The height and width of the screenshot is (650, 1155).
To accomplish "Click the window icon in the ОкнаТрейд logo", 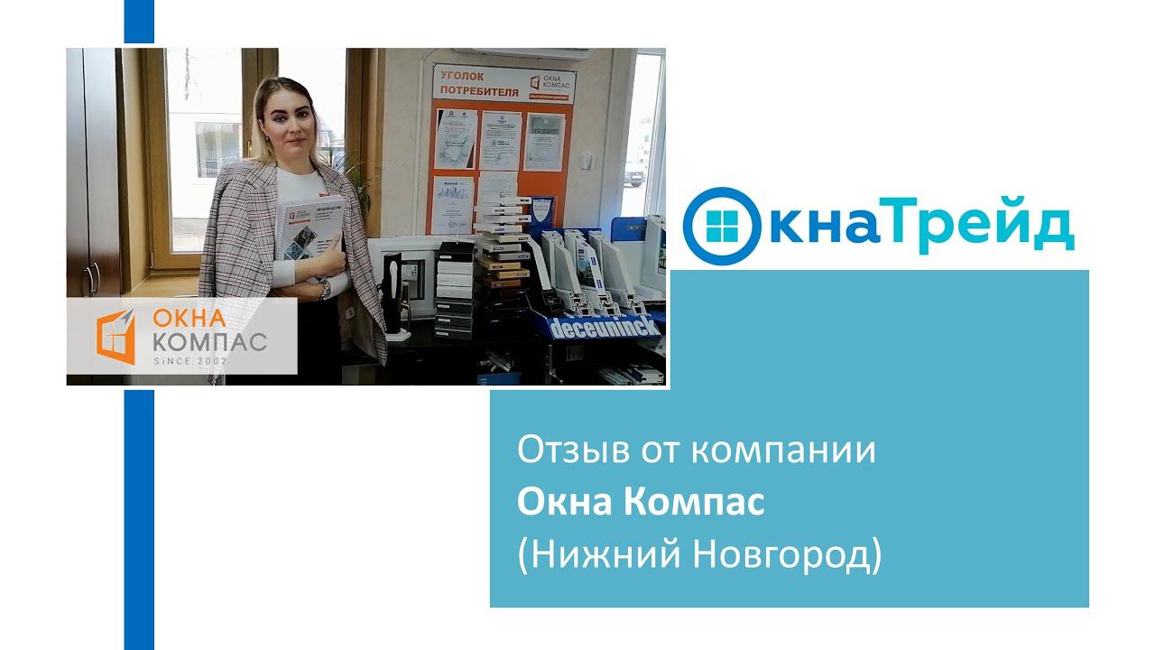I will [723, 226].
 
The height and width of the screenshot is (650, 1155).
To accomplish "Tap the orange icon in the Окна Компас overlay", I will [115, 336].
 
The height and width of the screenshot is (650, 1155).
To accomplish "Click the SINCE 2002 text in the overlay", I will [190, 361].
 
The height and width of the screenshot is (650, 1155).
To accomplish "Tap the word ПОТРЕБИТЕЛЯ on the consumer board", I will [479, 91].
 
